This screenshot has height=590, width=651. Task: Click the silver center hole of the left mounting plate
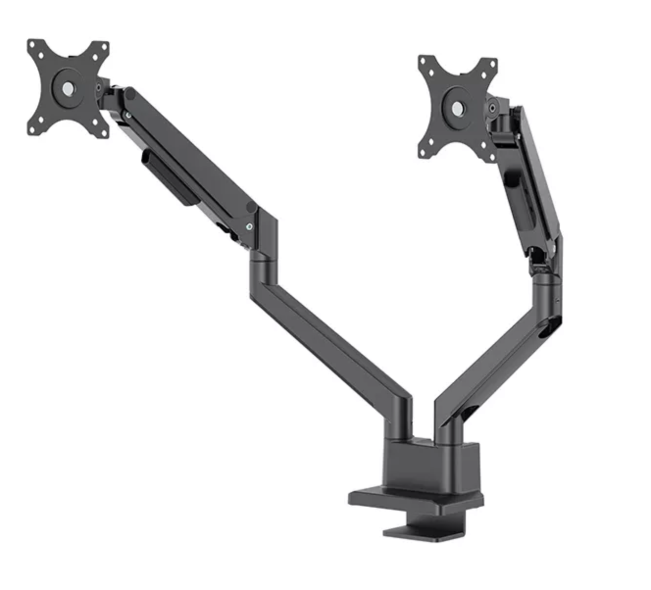point(68,88)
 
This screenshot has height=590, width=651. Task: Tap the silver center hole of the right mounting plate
point(457,108)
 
